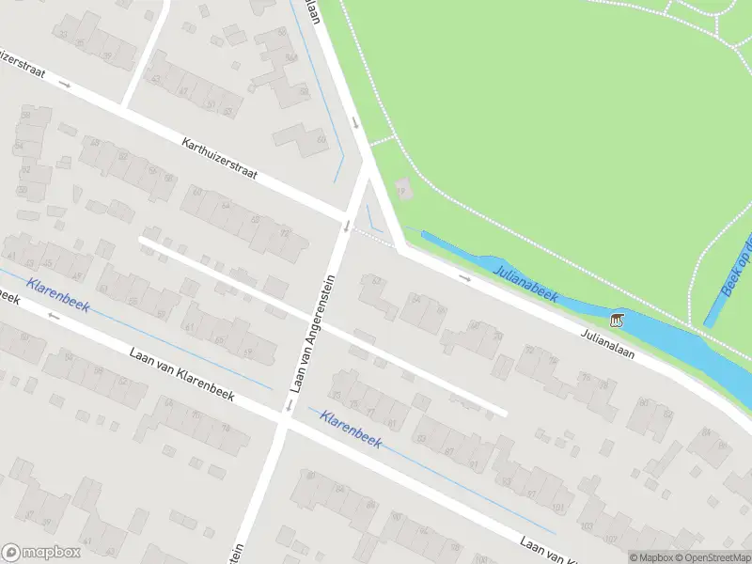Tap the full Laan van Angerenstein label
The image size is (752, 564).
point(313,334)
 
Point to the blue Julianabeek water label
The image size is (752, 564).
point(525,282)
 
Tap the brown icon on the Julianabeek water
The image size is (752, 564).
point(617,321)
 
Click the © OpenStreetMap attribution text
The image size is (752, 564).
point(714,556)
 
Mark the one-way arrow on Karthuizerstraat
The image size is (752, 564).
point(64,84)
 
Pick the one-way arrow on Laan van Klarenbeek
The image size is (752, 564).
point(54,316)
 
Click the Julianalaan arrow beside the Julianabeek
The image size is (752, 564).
point(464,277)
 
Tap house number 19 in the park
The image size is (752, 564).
point(401,191)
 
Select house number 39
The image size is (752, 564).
point(106,55)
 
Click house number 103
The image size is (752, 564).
point(587,526)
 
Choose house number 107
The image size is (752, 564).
point(611,539)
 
